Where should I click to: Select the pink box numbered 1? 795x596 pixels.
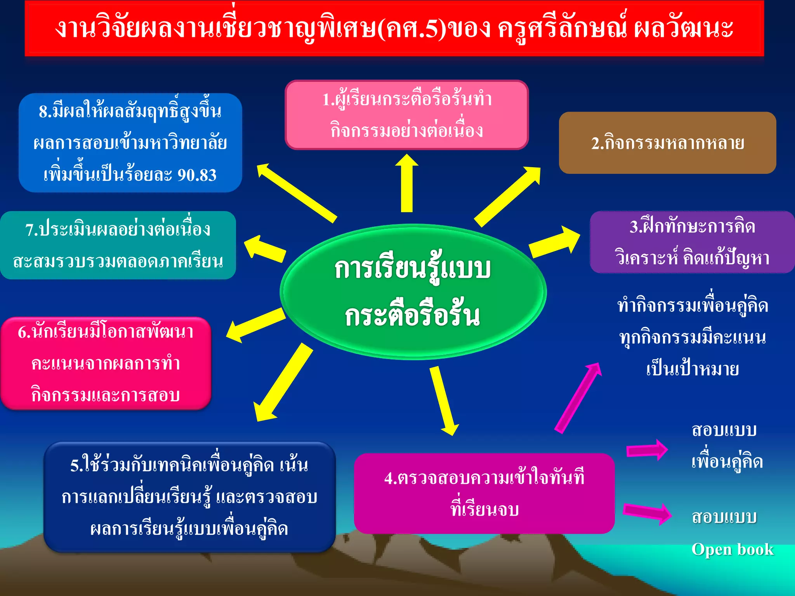click(x=406, y=115)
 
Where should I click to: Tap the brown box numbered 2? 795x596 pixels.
click(x=667, y=143)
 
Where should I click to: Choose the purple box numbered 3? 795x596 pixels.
click(x=692, y=242)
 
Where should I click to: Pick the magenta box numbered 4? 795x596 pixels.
click(x=484, y=493)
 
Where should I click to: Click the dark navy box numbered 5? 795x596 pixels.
click(x=189, y=497)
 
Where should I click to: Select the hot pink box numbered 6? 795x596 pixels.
click(x=106, y=363)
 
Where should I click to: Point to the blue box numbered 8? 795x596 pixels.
click(x=130, y=143)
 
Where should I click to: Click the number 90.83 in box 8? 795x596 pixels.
click(x=197, y=175)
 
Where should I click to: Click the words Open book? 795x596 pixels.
click(x=733, y=549)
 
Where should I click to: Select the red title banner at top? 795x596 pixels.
click(x=394, y=28)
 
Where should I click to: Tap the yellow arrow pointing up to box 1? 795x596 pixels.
click(x=406, y=182)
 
